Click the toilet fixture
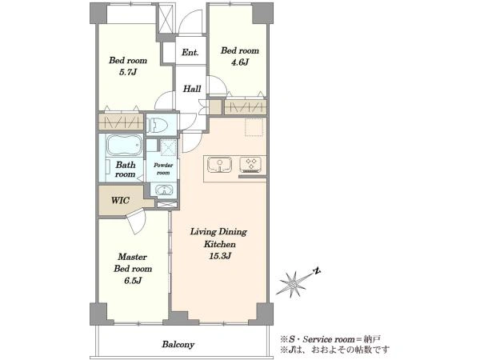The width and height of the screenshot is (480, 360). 158,125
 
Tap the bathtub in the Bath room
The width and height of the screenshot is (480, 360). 125,145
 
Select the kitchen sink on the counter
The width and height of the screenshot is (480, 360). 219,165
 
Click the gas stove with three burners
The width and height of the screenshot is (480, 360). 250,164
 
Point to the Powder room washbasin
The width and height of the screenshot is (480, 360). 164,190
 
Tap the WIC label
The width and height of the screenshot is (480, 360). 120,201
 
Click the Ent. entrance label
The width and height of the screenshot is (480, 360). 190,52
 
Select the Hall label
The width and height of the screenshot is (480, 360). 192,89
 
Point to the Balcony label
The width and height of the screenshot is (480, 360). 178,345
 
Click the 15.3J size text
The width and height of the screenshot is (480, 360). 220,256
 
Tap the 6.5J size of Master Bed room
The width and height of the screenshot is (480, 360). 133,281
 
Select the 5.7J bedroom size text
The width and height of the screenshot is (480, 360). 128,73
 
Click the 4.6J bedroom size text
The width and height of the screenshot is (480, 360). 240,62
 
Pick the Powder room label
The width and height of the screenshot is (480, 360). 163,169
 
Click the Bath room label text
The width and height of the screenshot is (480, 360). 126,170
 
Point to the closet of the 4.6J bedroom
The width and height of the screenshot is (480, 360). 245,107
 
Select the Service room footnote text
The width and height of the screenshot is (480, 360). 330,339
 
